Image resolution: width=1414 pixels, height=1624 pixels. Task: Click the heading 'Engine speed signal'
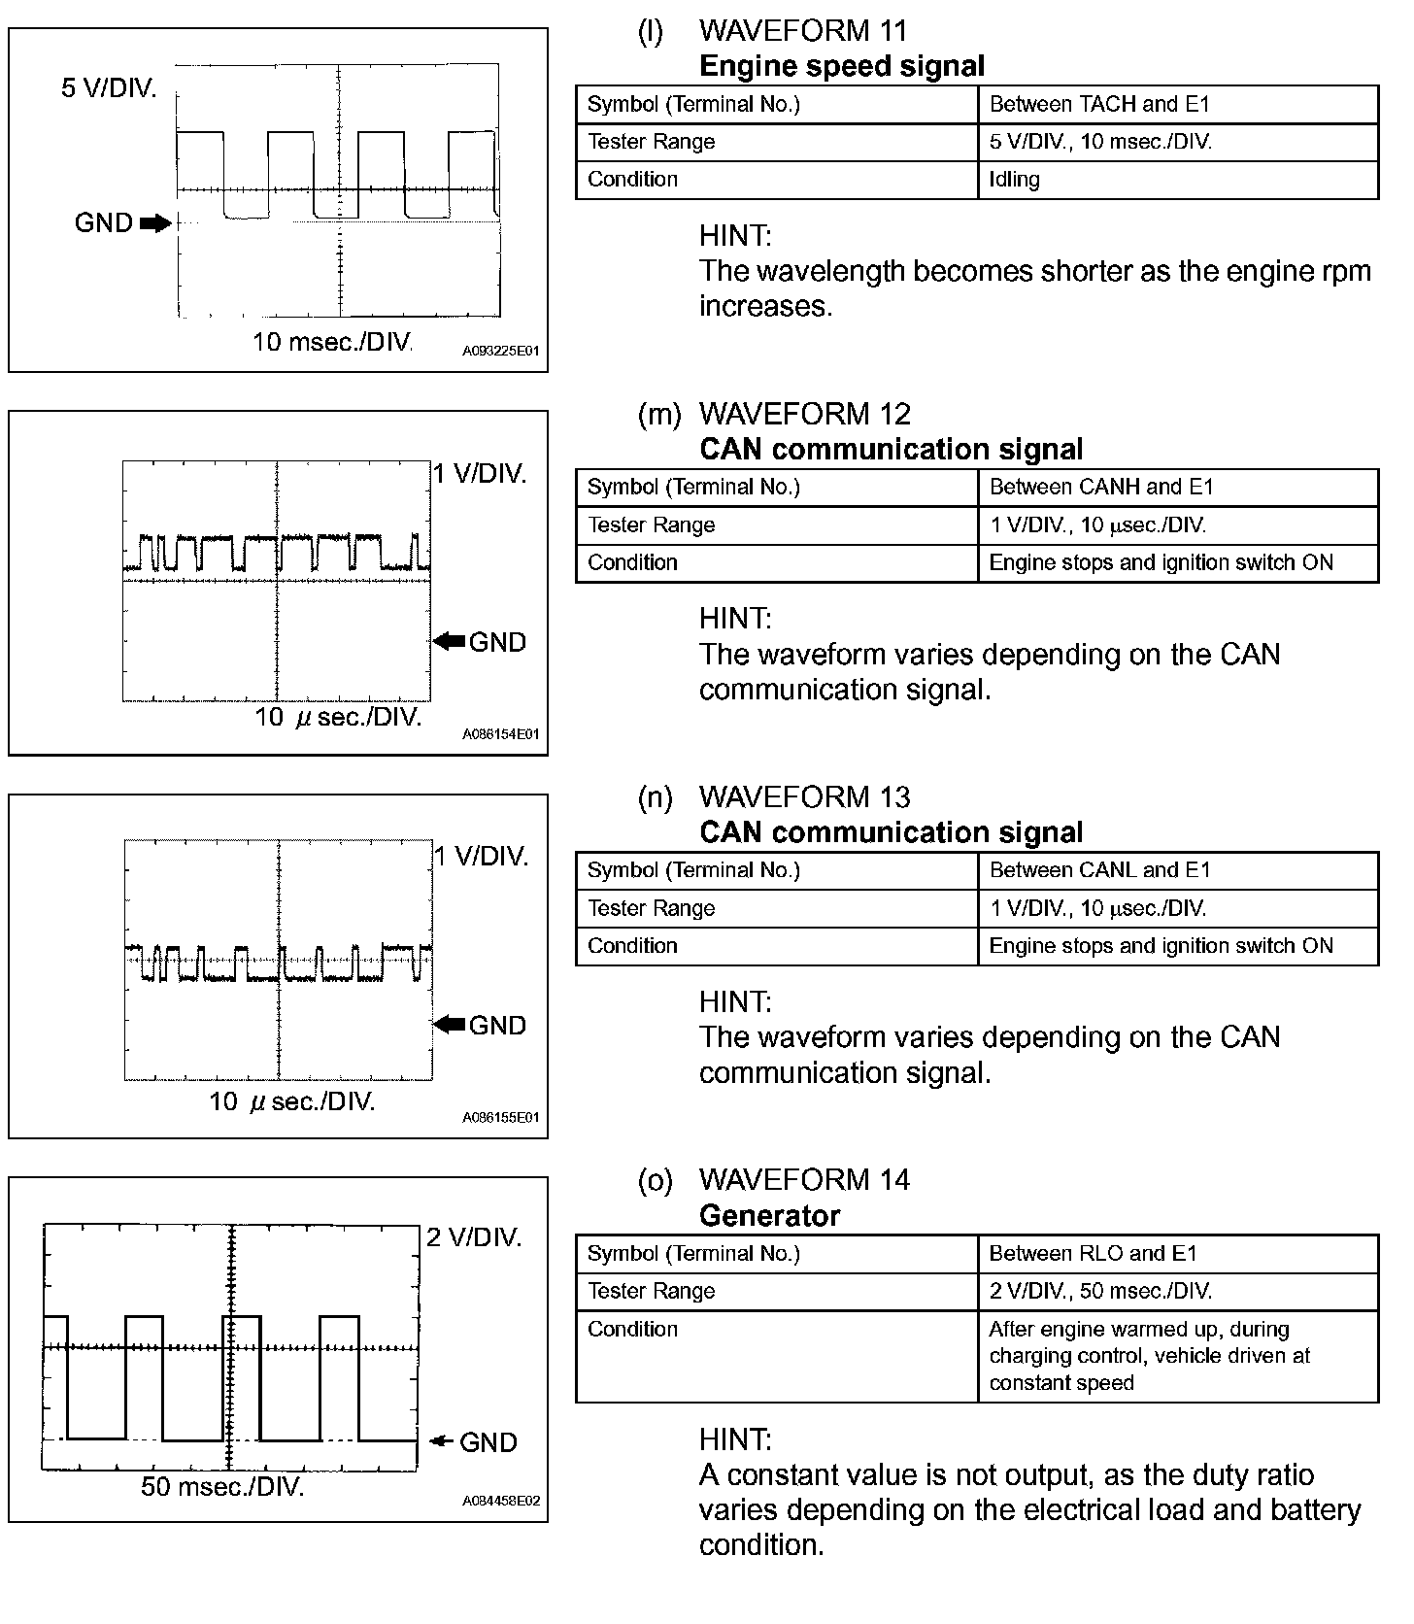tap(841, 66)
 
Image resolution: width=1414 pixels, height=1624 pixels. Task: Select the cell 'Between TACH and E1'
tap(1099, 104)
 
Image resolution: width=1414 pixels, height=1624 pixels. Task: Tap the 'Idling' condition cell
tap(1014, 180)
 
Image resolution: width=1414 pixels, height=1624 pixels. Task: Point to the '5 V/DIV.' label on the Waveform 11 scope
tap(109, 88)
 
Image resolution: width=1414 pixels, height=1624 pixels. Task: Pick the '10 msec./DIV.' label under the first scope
tap(332, 342)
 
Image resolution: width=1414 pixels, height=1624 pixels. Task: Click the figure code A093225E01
tap(500, 351)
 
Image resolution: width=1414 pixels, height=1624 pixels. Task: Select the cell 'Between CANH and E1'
tap(1101, 487)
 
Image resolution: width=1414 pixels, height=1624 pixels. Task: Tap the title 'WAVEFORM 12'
tap(804, 415)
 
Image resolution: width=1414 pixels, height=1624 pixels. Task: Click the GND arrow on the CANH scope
tap(450, 641)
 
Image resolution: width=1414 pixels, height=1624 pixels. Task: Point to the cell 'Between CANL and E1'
tap(1099, 870)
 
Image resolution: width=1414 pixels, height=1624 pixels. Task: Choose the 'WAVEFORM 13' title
tap(804, 797)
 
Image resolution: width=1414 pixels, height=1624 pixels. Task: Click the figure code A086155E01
tap(500, 1117)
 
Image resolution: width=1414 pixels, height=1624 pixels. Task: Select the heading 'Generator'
tap(769, 1216)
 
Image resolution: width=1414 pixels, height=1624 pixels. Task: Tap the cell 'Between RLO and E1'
tap(1093, 1254)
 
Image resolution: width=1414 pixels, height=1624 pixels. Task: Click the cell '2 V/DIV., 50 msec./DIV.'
tap(1100, 1292)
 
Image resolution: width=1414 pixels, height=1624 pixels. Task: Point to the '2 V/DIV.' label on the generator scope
tap(474, 1237)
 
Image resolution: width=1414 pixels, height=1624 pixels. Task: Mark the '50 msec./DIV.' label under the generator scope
tap(222, 1486)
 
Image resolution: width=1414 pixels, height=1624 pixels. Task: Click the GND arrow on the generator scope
tap(442, 1441)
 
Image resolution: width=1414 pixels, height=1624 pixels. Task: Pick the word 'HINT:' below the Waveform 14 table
tap(735, 1438)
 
